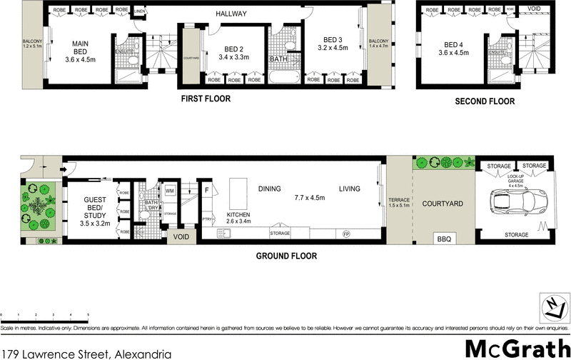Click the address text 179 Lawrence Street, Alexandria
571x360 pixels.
tap(86, 353)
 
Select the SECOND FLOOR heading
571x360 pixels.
tap(485, 102)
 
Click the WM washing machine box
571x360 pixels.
tap(170, 191)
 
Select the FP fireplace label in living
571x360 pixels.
tap(347, 234)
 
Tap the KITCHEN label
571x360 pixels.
tap(239, 214)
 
